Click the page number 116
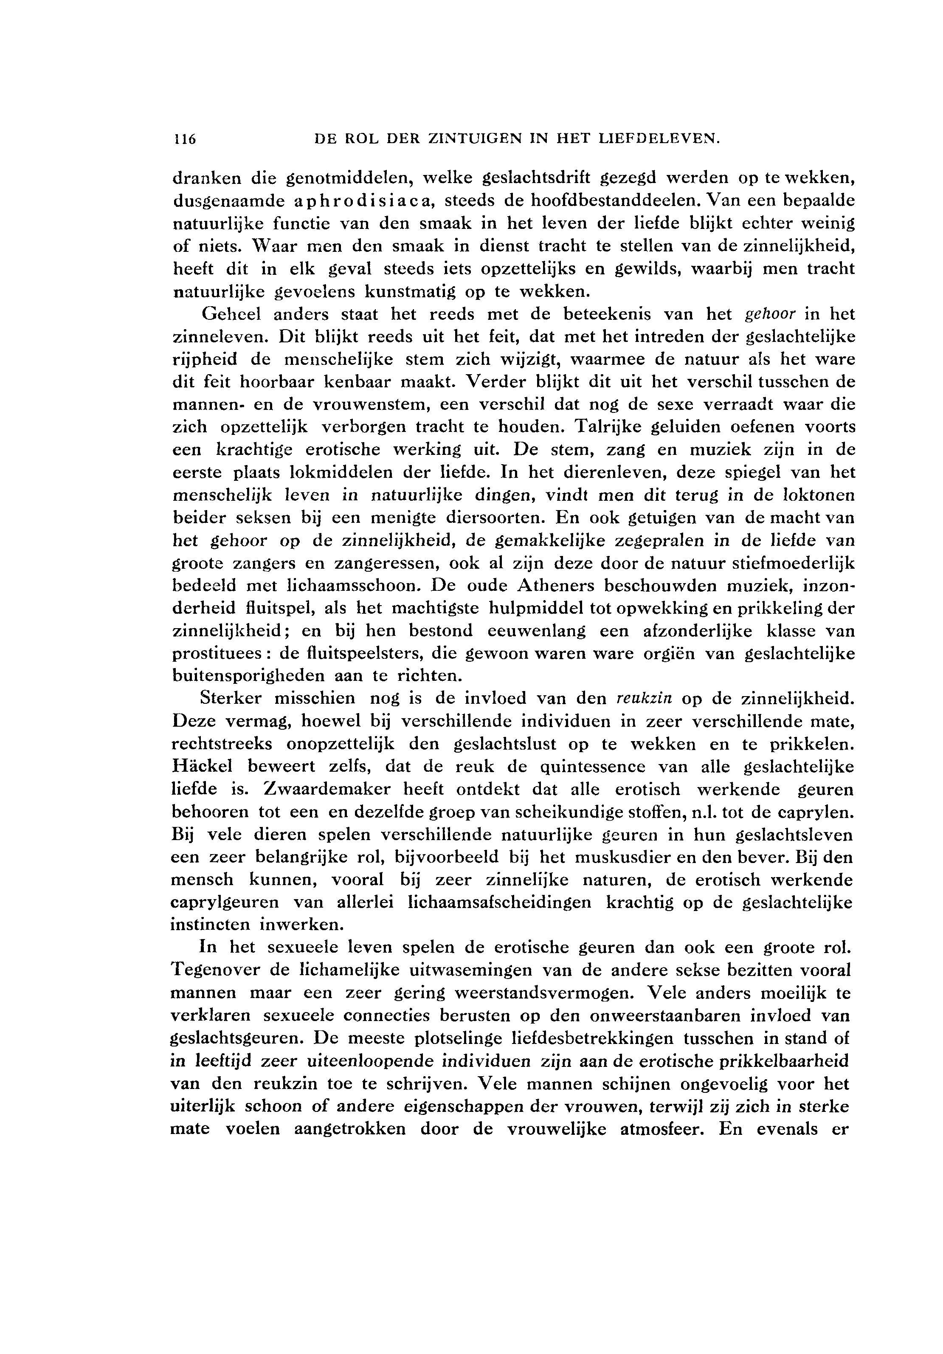coord(184,139)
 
